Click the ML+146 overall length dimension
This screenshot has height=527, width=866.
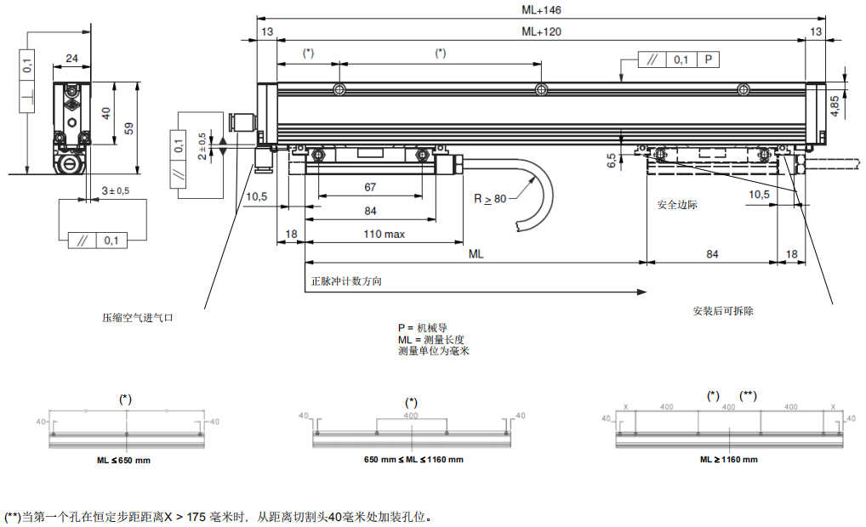tap(541, 10)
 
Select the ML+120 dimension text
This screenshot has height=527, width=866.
tap(541, 31)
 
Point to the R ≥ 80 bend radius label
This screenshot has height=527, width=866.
tap(490, 199)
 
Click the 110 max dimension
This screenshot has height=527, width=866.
tap(385, 234)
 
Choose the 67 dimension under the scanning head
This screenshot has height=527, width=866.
tap(370, 187)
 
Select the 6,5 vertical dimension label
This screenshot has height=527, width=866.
tap(612, 161)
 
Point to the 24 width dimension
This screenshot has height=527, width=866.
tap(71, 59)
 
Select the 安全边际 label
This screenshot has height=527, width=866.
tap(677, 205)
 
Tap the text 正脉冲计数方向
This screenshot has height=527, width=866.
tap(346, 281)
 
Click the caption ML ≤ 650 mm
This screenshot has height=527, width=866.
tap(123, 460)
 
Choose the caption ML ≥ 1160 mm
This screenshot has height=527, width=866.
tap(729, 460)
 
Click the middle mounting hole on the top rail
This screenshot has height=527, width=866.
tap(541, 90)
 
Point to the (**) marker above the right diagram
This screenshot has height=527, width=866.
tap(749, 395)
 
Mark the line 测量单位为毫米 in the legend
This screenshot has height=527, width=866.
tap(434, 350)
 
